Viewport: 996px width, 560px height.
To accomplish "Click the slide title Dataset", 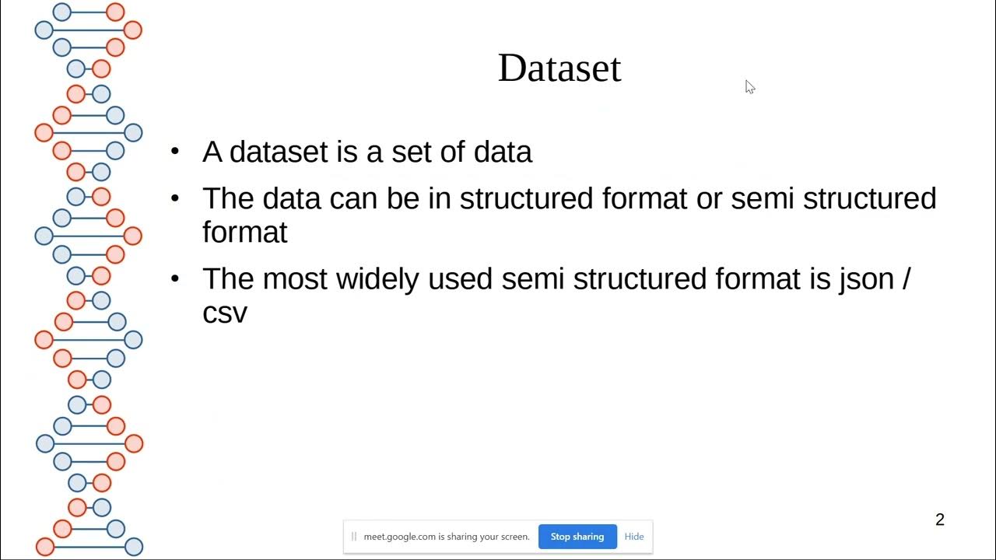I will (559, 68).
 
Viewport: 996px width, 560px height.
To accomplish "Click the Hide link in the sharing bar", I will (634, 537).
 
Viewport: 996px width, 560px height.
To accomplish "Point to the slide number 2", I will (939, 520).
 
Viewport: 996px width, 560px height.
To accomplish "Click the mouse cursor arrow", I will (749, 86).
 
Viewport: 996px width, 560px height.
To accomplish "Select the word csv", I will (224, 313).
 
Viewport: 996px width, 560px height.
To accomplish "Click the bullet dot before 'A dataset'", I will (175, 150).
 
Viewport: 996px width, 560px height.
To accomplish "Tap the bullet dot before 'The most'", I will (175, 278).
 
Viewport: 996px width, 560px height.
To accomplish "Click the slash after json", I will (905, 279).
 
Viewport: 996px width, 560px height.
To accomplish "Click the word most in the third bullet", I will (295, 278).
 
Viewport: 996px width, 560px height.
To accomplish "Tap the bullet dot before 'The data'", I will (175, 198).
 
